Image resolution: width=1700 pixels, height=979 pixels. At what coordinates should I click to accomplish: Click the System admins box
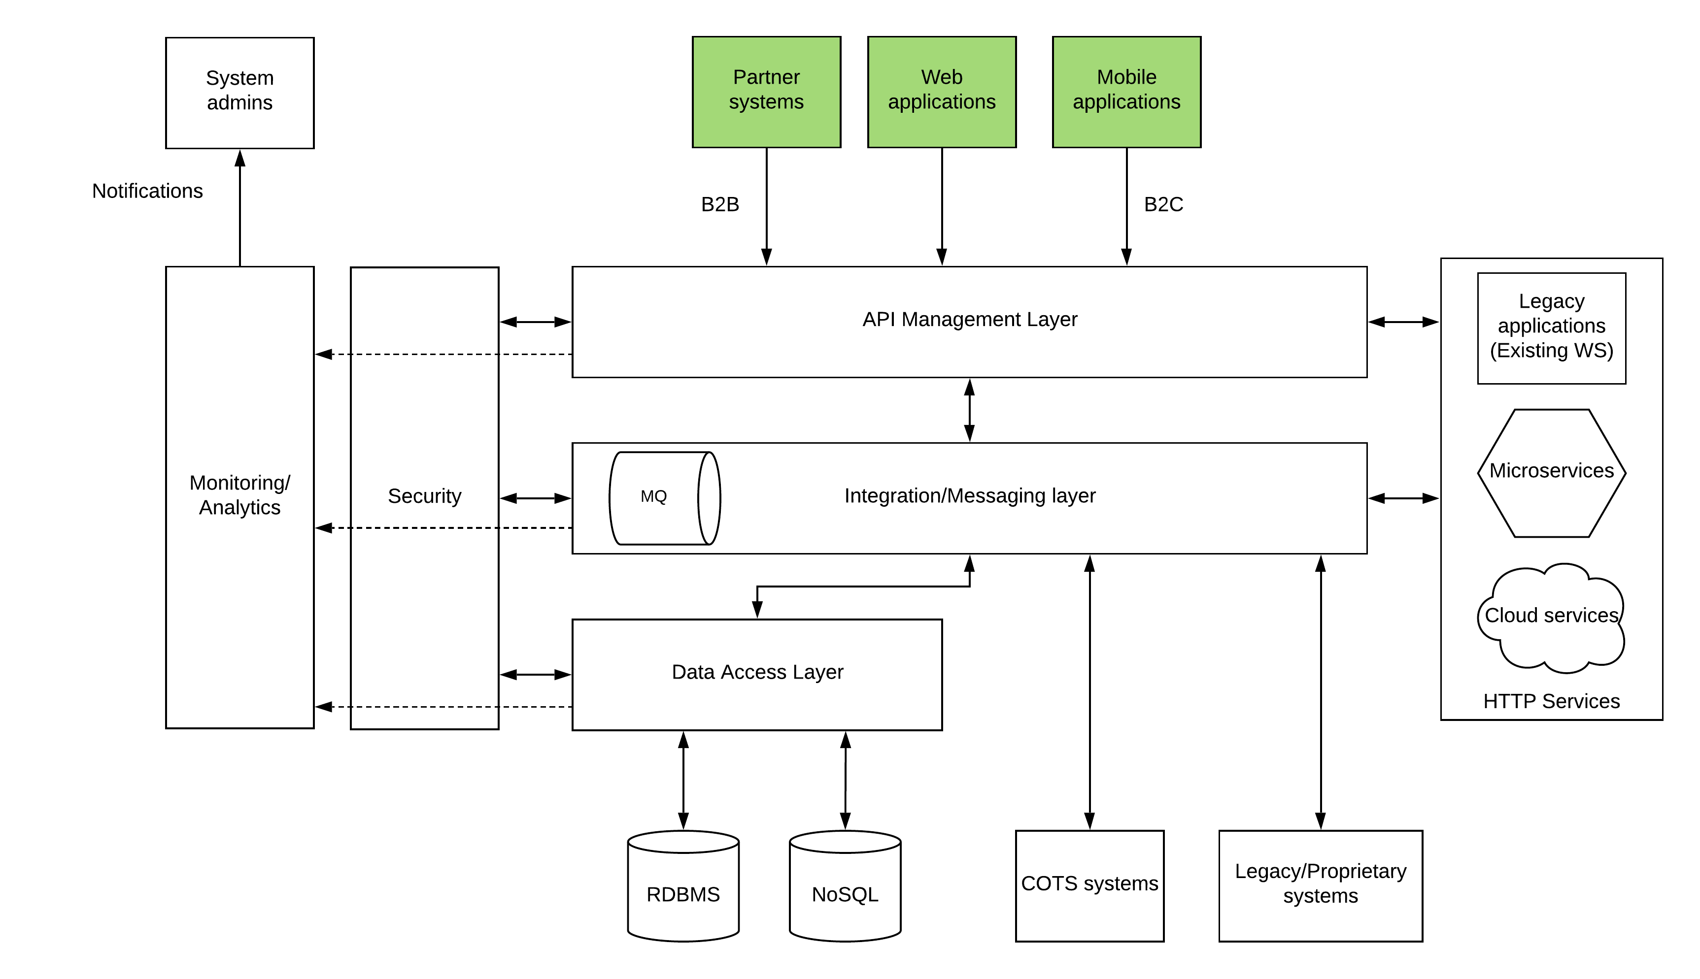pyautogui.click(x=239, y=93)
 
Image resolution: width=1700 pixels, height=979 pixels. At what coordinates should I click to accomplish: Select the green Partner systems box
pyautogui.click(x=766, y=92)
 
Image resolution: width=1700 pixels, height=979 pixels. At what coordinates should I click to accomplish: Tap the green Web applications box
pyautogui.click(x=941, y=92)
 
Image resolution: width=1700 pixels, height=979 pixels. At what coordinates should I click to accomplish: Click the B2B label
pyautogui.click(x=720, y=204)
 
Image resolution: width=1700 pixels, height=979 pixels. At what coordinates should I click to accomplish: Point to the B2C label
pyautogui.click(x=1163, y=204)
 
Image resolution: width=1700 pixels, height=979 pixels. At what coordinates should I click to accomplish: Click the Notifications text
pyautogui.click(x=147, y=191)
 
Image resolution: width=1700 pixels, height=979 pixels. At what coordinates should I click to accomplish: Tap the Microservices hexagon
pyautogui.click(x=1551, y=473)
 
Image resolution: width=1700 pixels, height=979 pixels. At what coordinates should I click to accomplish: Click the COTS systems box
pyautogui.click(x=1089, y=885)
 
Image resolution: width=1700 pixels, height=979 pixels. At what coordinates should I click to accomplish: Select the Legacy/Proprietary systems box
pyautogui.click(x=1320, y=885)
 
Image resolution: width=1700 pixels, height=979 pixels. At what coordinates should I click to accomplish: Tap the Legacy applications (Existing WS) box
pyautogui.click(x=1551, y=327)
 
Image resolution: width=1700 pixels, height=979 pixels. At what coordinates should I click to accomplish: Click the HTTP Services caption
pyautogui.click(x=1551, y=701)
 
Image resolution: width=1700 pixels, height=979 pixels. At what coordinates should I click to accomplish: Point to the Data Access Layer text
pyautogui.click(x=757, y=672)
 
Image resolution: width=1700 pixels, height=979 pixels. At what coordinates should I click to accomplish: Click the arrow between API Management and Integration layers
pyautogui.click(x=969, y=410)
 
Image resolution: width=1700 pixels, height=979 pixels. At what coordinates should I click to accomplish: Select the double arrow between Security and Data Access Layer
pyautogui.click(x=536, y=674)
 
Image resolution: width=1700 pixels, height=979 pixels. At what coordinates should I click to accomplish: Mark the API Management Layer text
pyautogui.click(x=969, y=320)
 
